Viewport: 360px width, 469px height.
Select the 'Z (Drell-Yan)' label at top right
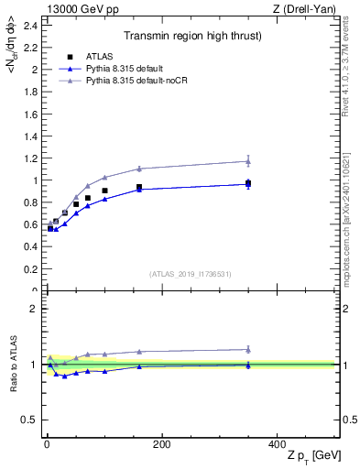click(309, 8)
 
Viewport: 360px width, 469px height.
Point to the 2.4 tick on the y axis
click(32, 25)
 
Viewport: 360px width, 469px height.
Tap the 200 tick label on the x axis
click(161, 444)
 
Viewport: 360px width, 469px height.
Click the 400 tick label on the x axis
click(277, 444)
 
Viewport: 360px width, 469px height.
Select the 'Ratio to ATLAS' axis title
click(14, 364)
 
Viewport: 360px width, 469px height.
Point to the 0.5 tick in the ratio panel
click(32, 420)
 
